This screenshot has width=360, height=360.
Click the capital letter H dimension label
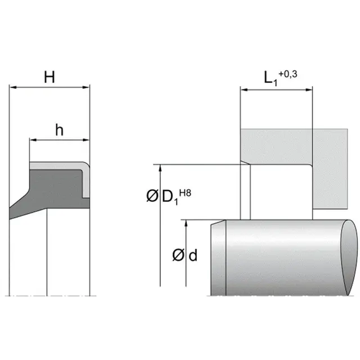click(x=49, y=77)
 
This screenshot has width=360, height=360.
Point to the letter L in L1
click(x=269, y=78)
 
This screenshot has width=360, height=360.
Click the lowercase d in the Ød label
click(x=193, y=256)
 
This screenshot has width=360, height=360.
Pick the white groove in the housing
click(x=276, y=191)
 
